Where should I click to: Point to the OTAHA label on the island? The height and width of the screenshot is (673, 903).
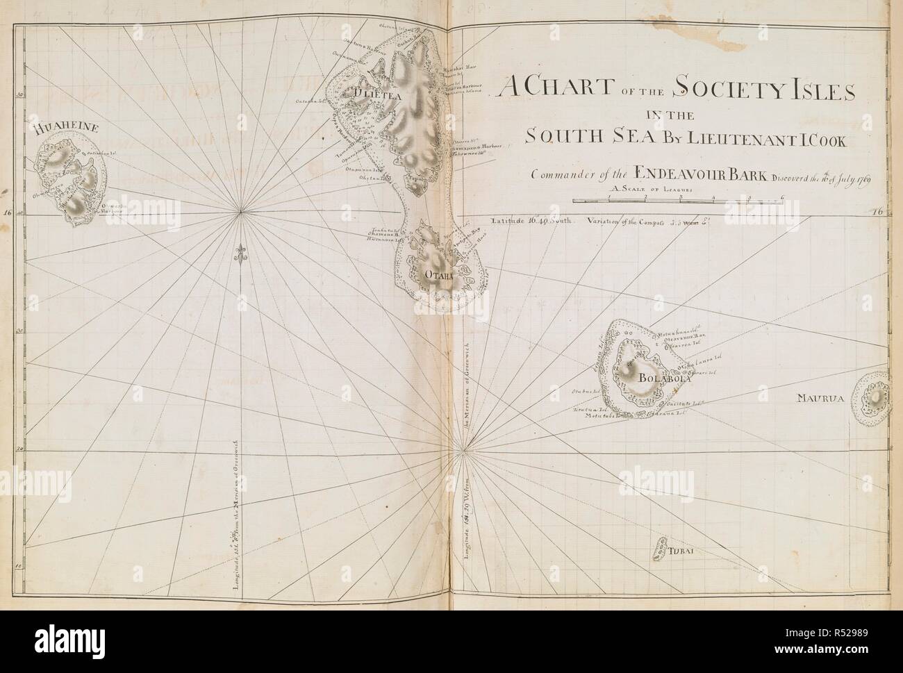(438, 276)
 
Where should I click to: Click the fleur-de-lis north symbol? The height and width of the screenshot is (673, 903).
(241, 254)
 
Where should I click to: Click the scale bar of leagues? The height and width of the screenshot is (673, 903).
(677, 201)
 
